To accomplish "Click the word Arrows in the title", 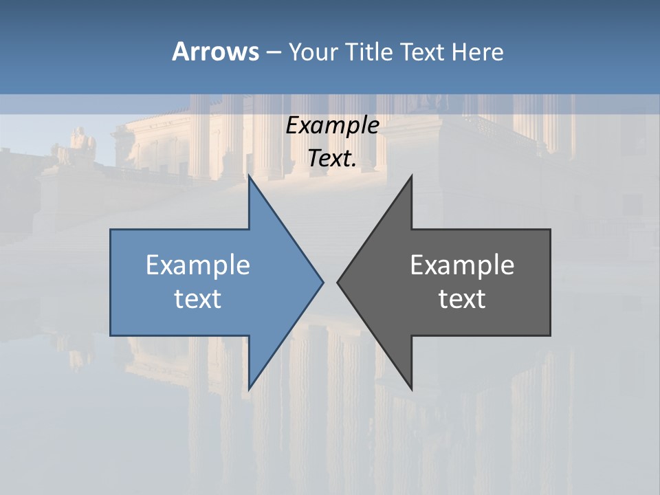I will tap(214, 52).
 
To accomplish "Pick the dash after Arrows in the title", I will tap(273, 52).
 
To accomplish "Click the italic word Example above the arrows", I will tap(333, 125).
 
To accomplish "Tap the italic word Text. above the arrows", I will tap(333, 158).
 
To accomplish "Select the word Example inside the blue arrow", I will tap(198, 265).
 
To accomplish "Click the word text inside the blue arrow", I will tap(198, 298).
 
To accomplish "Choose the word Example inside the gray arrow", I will tap(462, 265).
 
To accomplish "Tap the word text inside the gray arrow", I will tap(462, 298).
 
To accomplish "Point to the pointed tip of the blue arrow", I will tap(323, 282).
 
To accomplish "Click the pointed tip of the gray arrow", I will tap(337, 282).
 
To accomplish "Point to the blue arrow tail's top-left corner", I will tap(111, 230).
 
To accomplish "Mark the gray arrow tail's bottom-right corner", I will tap(550, 335).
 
